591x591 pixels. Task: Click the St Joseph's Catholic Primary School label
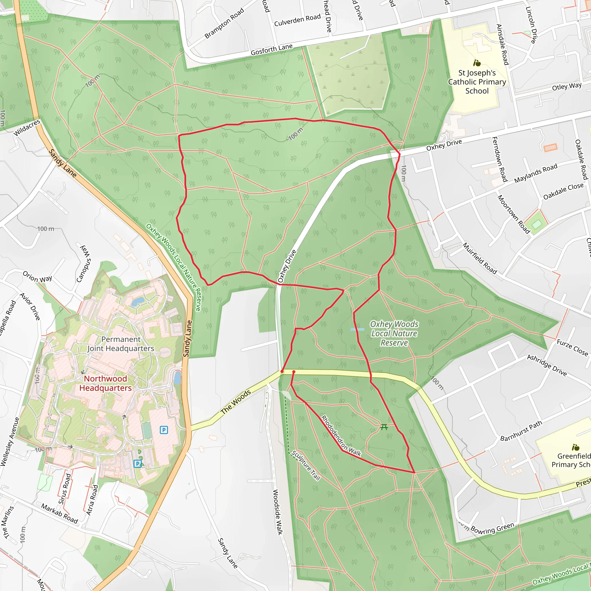coord(477,82)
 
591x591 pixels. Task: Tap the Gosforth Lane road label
coord(272,50)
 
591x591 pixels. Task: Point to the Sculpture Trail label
coord(306,465)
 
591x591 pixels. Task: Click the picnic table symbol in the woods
coord(384,427)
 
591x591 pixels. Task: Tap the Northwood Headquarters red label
coord(106,383)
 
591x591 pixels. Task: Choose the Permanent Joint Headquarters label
coord(121,344)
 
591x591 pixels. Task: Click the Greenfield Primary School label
coord(571,460)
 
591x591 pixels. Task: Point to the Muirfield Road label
coord(480,258)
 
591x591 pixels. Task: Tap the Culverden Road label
coord(297,20)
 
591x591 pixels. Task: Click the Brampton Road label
coord(224,23)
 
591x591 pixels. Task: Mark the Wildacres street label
coord(27,128)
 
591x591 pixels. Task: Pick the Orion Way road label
coord(37,277)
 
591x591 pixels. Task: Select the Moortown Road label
coord(514,214)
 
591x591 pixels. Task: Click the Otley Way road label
coord(566,87)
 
